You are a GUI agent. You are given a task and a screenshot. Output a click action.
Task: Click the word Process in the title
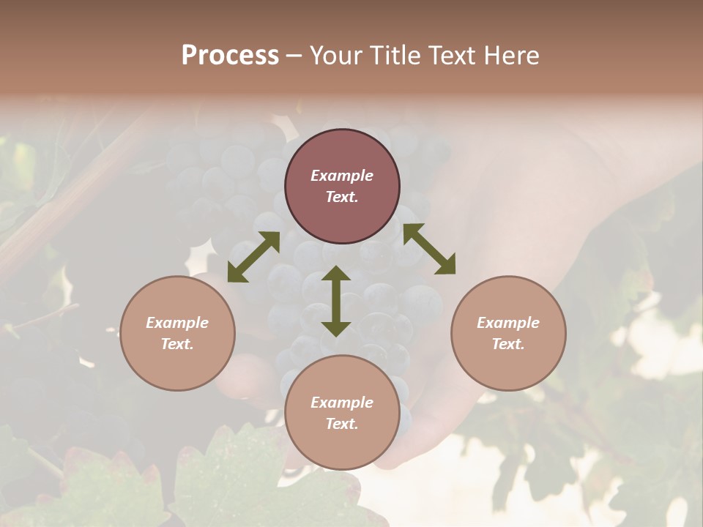tap(230, 56)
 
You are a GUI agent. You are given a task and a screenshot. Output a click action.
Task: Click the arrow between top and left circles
tap(253, 257)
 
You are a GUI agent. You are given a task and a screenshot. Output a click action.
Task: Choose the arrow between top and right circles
tap(429, 249)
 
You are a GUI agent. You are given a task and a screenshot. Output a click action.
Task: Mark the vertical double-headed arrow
tap(336, 301)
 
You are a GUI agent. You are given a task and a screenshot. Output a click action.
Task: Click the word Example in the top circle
tap(342, 176)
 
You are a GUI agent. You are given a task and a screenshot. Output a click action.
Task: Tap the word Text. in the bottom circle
tap(342, 424)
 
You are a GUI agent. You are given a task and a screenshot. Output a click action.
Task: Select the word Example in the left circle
tap(177, 323)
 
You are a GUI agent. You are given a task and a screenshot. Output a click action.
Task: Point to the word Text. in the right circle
tap(508, 344)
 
